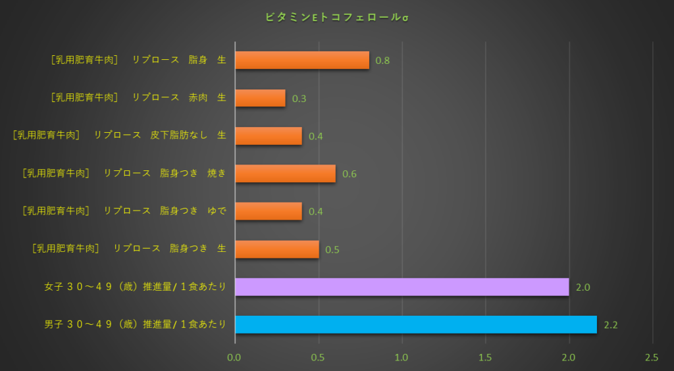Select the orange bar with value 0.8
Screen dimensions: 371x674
pyautogui.click(x=302, y=61)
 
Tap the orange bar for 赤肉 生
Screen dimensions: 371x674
pyautogui.click(x=260, y=98)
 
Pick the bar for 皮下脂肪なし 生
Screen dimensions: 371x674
pyautogui.click(x=269, y=136)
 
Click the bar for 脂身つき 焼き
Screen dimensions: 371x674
pyautogui.click(x=285, y=174)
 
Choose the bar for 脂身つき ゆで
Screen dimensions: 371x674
pyautogui.click(x=269, y=211)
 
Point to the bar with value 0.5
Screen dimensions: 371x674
pyautogui.click(x=277, y=249)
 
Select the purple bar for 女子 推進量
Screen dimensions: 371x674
pyautogui.click(x=402, y=287)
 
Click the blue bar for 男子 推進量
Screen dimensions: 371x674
pyautogui.click(x=416, y=324)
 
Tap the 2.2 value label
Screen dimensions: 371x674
pyautogui.click(x=611, y=325)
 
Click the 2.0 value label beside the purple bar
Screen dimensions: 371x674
pyautogui.click(x=583, y=287)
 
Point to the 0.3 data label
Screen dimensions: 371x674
pyautogui.click(x=299, y=99)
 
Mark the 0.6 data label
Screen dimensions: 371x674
pyautogui.click(x=350, y=174)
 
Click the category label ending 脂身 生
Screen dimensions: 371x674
pyautogui.click(x=138, y=60)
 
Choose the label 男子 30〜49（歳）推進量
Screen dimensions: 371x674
pyautogui.click(x=135, y=324)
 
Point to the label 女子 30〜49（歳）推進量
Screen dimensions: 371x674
pyautogui.click(x=135, y=287)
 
